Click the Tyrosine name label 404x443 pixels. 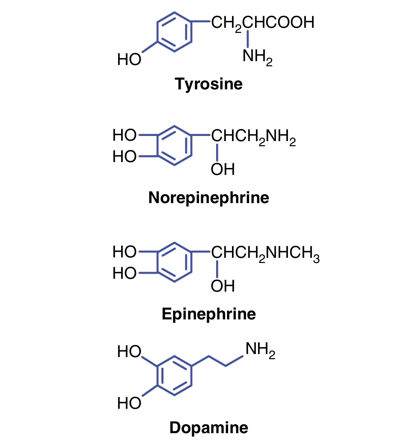(x=208, y=84)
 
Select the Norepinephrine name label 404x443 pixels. (x=208, y=198)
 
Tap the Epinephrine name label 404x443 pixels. (x=208, y=314)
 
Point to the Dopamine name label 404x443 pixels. (x=208, y=428)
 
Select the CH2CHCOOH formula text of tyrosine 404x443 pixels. (x=263, y=23)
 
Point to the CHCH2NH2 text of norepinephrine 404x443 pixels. (x=253, y=138)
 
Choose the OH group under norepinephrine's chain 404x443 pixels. (x=223, y=170)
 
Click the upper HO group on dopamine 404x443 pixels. (x=129, y=352)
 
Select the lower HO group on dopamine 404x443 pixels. (x=129, y=403)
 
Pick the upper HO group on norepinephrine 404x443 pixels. (x=124, y=136)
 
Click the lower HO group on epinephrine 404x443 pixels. (x=124, y=273)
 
